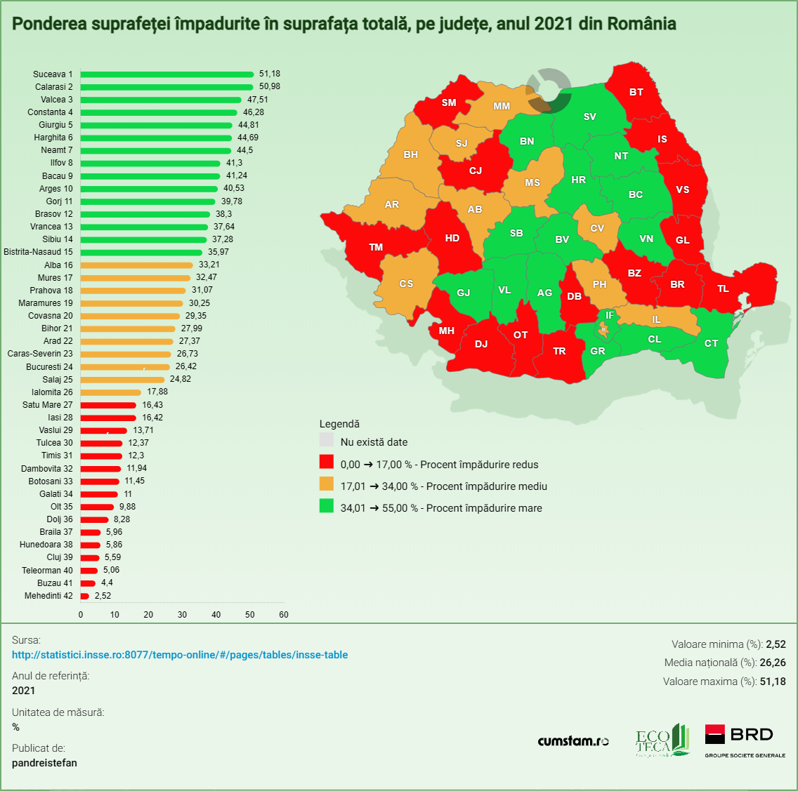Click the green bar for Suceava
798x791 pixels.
167,74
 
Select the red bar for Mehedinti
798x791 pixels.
85,596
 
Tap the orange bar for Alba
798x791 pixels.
137,265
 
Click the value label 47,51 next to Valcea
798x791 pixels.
257,100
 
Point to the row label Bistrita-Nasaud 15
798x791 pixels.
38,252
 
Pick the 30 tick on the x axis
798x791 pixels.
183,615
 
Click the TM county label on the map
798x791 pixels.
376,247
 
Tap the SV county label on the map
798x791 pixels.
589,117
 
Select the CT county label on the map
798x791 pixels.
711,343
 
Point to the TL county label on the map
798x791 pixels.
723,288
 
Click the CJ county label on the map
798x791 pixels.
476,171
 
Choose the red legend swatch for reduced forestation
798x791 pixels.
327,462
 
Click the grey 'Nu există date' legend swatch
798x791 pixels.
327,440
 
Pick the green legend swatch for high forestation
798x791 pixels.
327,505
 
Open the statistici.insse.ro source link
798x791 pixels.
180,655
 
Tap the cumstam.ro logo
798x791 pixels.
573,741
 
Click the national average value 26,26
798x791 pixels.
773,663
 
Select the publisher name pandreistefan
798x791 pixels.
44,763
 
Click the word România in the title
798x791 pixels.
641,24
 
